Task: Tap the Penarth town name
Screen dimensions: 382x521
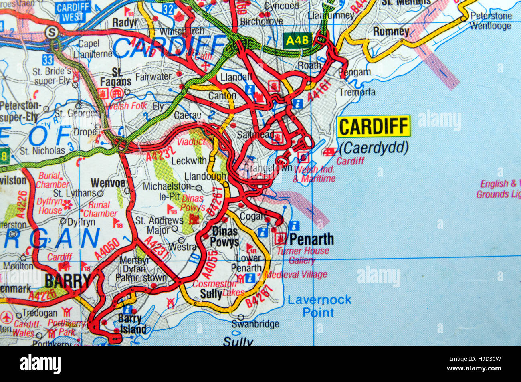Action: pyautogui.click(x=311, y=239)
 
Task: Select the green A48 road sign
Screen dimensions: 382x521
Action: pyautogui.click(x=297, y=40)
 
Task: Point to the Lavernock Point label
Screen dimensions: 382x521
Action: pyautogui.click(x=319, y=306)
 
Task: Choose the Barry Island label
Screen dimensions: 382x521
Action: pyautogui.click(x=132, y=324)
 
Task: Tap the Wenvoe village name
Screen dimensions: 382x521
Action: pyautogui.click(x=108, y=183)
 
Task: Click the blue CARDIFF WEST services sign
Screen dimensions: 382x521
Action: pyautogui.click(x=73, y=12)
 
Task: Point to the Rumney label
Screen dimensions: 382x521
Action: pyautogui.click(x=391, y=31)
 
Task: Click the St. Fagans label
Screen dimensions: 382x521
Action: pyautogui.click(x=116, y=77)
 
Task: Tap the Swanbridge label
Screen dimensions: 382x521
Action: pyautogui.click(x=255, y=324)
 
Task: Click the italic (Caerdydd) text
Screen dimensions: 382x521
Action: pyautogui.click(x=374, y=149)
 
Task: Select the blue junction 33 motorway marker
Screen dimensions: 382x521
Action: pyautogui.click(x=48, y=60)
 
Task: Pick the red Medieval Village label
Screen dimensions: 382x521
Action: pyautogui.click(x=296, y=275)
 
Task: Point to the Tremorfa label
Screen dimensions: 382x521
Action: pyautogui.click(x=357, y=92)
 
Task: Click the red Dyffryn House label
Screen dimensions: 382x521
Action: pyautogui.click(x=50, y=206)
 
